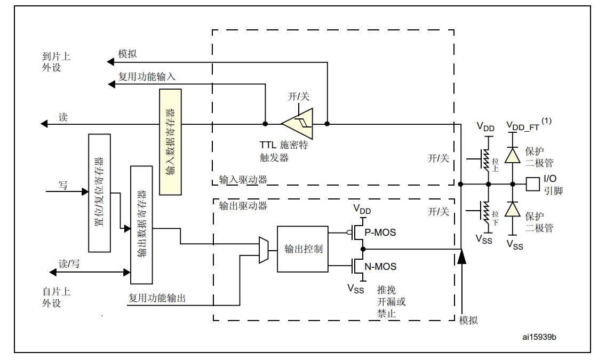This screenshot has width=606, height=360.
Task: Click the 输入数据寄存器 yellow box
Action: [171, 142]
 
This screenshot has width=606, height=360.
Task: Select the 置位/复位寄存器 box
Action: [99, 193]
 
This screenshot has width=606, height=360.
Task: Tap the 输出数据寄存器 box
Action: [141, 225]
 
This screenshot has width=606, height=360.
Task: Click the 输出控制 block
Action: [302, 249]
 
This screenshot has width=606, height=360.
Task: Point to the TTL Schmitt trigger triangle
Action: [299, 124]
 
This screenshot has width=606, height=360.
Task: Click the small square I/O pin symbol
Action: [532, 184]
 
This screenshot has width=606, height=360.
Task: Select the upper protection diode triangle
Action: [513, 155]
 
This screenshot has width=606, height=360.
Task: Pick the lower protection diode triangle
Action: [513, 209]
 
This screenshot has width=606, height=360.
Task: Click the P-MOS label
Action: [380, 233]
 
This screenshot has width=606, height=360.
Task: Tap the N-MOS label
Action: [380, 267]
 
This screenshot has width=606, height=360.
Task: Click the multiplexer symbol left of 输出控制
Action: [264, 250]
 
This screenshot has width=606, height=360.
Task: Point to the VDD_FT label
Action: [523, 127]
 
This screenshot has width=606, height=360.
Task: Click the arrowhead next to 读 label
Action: [44, 124]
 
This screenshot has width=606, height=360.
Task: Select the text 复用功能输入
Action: [147, 76]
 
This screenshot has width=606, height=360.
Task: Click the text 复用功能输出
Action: [157, 298]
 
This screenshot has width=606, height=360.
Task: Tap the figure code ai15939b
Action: [539, 337]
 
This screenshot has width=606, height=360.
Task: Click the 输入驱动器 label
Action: [243, 180]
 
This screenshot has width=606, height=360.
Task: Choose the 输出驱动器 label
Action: [243, 205]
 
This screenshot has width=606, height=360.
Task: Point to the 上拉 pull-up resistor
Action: [486, 159]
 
